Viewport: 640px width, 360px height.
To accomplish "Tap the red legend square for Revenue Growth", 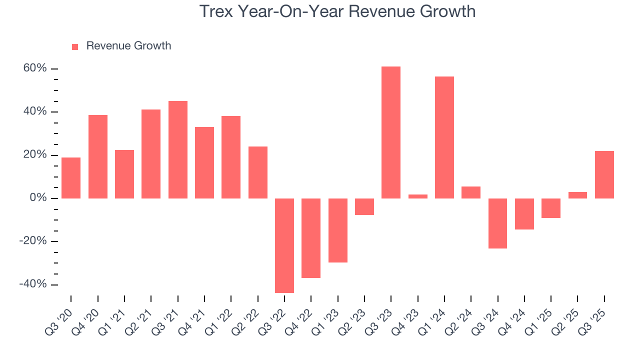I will (x=75, y=46).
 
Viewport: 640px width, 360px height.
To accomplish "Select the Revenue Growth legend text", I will (x=128, y=46).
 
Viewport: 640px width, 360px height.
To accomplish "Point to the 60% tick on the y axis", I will (x=35, y=68).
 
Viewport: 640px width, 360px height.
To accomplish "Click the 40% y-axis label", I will (x=35, y=111).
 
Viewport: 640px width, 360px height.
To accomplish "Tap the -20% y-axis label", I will (x=33, y=241).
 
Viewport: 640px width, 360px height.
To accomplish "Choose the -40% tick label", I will (x=33, y=284).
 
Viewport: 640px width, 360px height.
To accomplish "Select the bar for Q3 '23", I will (x=391, y=132).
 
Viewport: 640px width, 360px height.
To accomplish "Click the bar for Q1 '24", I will (x=444, y=137).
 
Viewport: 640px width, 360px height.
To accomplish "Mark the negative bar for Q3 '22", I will (x=284, y=245).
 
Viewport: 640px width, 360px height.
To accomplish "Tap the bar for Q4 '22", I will (x=311, y=238).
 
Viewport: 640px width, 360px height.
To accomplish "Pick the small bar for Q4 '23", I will (x=417, y=196).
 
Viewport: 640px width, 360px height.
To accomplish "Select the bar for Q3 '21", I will (x=178, y=150).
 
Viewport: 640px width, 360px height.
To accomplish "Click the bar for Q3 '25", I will (x=604, y=174).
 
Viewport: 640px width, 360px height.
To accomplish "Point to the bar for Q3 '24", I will (x=497, y=223).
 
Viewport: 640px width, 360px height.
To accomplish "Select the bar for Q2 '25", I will (x=577, y=195).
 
